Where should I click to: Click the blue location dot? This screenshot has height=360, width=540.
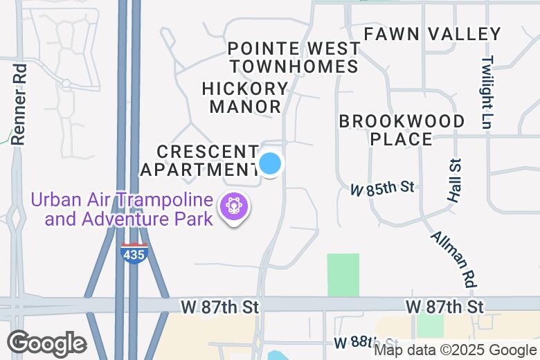[x=270, y=164]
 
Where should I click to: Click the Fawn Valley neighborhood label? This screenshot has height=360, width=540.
[x=432, y=34]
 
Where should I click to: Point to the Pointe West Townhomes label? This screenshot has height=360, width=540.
[x=294, y=57]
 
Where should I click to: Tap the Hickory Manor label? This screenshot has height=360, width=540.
[x=245, y=98]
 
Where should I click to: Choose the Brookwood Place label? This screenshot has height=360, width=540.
[x=402, y=130]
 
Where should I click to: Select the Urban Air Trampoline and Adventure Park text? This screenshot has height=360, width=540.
[x=121, y=210]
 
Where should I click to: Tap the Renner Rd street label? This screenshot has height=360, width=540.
[x=19, y=104]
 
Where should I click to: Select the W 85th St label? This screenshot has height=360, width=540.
[x=382, y=187]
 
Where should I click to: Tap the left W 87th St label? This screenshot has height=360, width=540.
[x=218, y=306]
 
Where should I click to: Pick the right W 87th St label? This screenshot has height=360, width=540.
[x=445, y=306]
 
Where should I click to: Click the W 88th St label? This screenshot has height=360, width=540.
[x=365, y=343]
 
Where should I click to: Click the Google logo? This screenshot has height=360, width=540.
[x=46, y=343]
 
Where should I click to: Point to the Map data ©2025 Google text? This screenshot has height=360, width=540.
[x=456, y=350]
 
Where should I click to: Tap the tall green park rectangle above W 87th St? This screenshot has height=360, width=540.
[x=343, y=275]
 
